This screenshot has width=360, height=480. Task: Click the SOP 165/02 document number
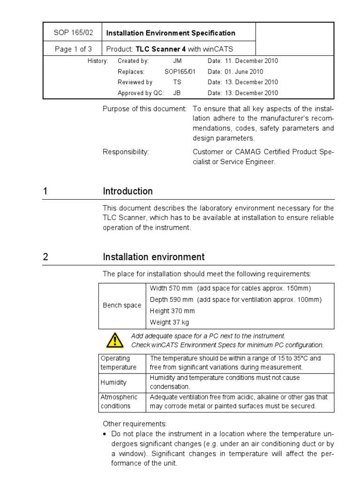click(x=73, y=33)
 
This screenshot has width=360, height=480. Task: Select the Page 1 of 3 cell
click(x=73, y=49)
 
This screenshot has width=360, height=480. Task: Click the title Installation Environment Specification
click(x=171, y=33)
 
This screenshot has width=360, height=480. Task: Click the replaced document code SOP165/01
click(x=180, y=72)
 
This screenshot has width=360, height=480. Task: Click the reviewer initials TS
click(x=177, y=82)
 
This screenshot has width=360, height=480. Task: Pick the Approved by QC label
click(x=141, y=93)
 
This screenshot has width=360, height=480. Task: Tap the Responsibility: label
click(x=126, y=152)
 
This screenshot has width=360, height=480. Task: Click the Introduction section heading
click(x=127, y=191)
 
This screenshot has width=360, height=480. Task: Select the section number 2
click(x=45, y=257)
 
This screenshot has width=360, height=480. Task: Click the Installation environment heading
click(x=153, y=257)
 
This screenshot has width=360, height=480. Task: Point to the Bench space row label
click(x=122, y=305)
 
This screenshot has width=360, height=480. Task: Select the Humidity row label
click(x=113, y=382)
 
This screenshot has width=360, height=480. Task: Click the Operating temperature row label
click(x=119, y=363)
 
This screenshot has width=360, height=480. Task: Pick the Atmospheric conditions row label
click(x=119, y=402)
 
